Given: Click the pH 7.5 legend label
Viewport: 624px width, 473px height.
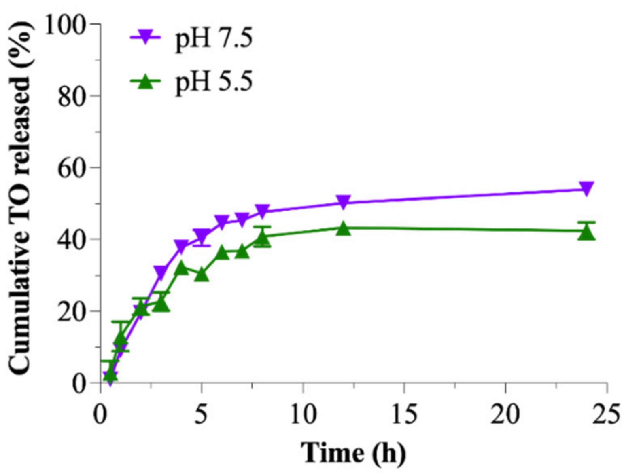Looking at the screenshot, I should click(x=213, y=39).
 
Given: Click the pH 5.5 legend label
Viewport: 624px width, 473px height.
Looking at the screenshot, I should click(x=213, y=82).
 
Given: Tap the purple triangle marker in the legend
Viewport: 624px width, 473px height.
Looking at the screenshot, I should click(x=145, y=37).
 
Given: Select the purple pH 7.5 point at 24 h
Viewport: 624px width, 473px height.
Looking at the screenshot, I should click(x=586, y=188).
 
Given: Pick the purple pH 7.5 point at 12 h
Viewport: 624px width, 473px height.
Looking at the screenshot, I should click(x=343, y=202).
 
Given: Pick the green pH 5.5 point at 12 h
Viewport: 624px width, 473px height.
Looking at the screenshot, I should click(x=343, y=228).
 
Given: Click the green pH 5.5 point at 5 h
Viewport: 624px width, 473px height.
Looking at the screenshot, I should click(x=202, y=275).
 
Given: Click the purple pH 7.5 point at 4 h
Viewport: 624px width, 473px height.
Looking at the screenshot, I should click(x=181, y=246).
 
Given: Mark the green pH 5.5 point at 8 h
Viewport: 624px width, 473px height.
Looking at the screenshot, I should click(x=262, y=239).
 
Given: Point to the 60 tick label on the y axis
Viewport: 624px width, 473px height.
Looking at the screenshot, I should click(x=72, y=168).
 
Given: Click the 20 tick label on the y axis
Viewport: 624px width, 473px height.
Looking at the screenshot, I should click(x=72, y=312).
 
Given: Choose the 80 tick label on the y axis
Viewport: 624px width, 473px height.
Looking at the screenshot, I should click(x=72, y=97).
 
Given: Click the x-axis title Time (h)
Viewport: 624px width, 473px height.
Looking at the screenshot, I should click(x=353, y=453).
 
